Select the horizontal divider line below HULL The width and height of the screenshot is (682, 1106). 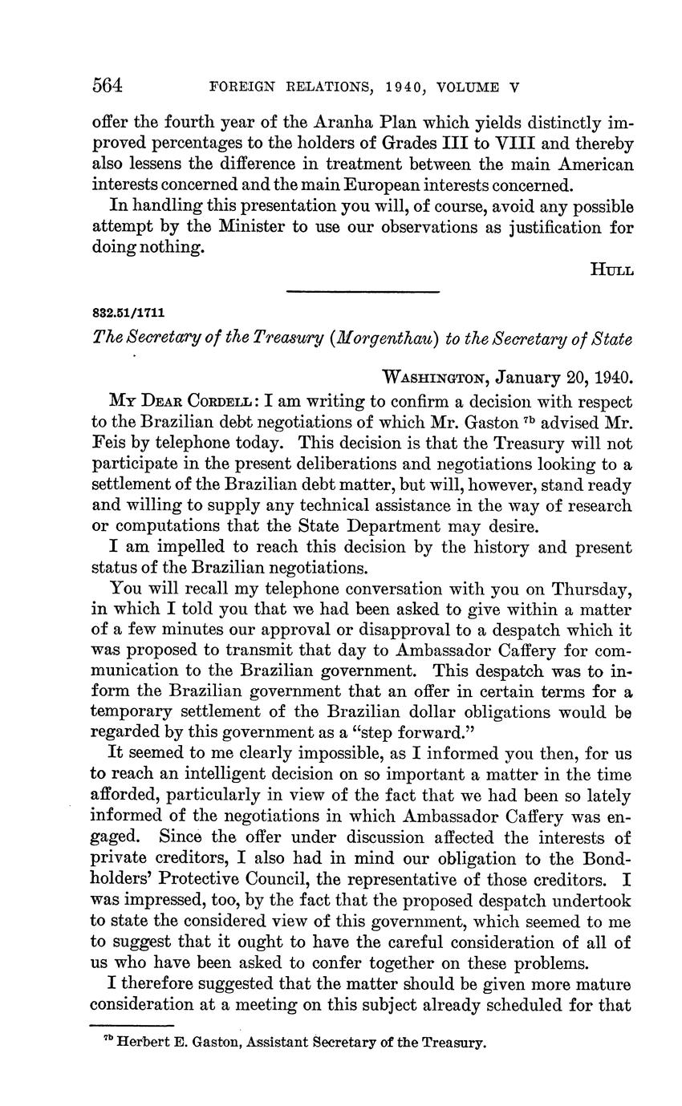pos(363,291)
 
